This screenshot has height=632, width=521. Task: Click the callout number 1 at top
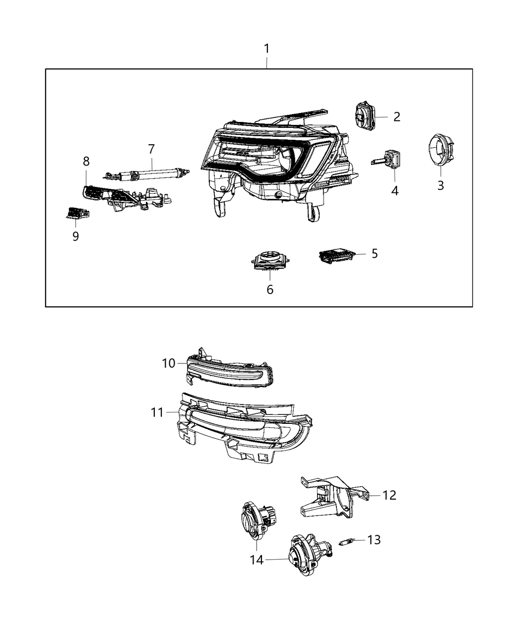266,49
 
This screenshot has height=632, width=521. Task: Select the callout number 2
396,117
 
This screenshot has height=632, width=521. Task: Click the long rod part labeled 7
149,173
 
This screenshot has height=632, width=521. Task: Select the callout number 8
86,161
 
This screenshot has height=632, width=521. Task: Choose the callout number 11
158,412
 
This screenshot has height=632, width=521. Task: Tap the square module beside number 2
365,116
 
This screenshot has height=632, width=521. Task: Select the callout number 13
374,539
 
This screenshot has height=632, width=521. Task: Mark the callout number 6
270,289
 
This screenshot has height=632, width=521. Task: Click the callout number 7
151,148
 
